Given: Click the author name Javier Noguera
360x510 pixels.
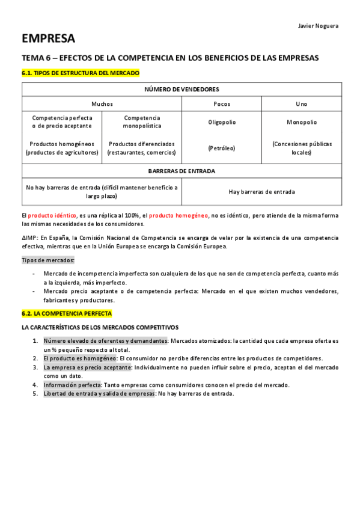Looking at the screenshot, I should pyautogui.click(x=319, y=25).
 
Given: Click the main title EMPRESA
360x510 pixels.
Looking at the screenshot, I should pyautogui.click(x=49, y=39).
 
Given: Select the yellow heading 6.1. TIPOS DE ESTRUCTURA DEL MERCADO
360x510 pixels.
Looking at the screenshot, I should pyautogui.click(x=80, y=73).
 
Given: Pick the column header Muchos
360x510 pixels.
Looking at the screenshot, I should pyautogui.click(x=102, y=104).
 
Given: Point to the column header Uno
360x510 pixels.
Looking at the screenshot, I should pyautogui.click(x=301, y=104).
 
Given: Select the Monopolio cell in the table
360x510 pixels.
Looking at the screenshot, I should pyautogui.click(x=301, y=122).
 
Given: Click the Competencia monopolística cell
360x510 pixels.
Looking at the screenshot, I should pyautogui.click(x=142, y=122).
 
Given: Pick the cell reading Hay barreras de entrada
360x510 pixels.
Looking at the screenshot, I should pyautogui.click(x=261, y=192).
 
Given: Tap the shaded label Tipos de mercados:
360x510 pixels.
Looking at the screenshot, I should pyautogui.click(x=48, y=260).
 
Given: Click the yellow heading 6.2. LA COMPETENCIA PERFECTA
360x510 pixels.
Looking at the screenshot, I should pyautogui.click(x=66, y=313).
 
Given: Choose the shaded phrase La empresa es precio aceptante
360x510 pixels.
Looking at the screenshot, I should pyautogui.click(x=87, y=367).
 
